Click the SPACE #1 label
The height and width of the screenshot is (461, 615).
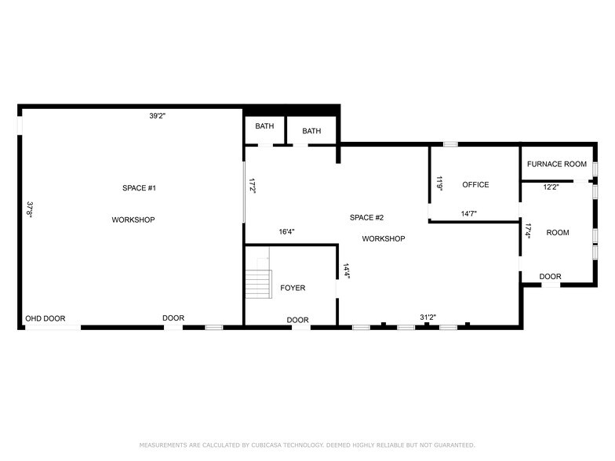tap(140, 188)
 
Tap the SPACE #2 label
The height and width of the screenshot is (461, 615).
tap(366, 217)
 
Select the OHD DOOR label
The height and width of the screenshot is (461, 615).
tap(45, 319)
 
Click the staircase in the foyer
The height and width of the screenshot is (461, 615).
tap(257, 283)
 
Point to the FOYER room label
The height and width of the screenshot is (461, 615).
tap(293, 289)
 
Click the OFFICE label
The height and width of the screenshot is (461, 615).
tap(475, 185)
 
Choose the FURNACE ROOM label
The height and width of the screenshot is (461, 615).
tap(556, 165)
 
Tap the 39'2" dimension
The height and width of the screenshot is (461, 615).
tap(157, 116)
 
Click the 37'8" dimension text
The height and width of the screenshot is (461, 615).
tap(30, 209)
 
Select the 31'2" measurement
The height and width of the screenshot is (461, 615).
tap(428, 318)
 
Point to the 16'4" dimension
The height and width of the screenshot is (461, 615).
tap(287, 232)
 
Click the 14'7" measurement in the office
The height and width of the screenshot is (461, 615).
tap(469, 213)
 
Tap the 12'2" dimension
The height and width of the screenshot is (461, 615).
tap(551, 187)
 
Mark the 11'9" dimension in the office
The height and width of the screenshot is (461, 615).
tap(440, 183)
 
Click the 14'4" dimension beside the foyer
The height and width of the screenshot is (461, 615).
tap(346, 270)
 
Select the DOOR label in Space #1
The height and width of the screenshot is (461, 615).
tap(173, 319)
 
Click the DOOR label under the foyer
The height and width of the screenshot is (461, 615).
tap(297, 320)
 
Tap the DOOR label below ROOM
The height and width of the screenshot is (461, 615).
tap(550, 277)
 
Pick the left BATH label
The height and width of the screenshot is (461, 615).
tap(264, 127)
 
